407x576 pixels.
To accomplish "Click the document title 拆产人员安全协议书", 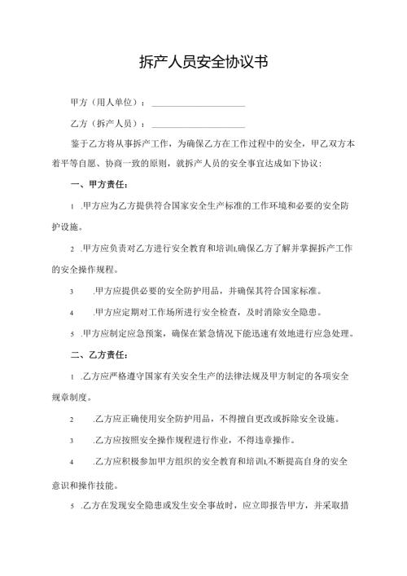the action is coord(203,62).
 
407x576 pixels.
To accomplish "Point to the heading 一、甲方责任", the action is coord(98,185).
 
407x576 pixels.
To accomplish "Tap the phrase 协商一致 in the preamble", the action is coord(133,164).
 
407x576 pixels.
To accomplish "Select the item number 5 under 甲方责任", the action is coord(73,332).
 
